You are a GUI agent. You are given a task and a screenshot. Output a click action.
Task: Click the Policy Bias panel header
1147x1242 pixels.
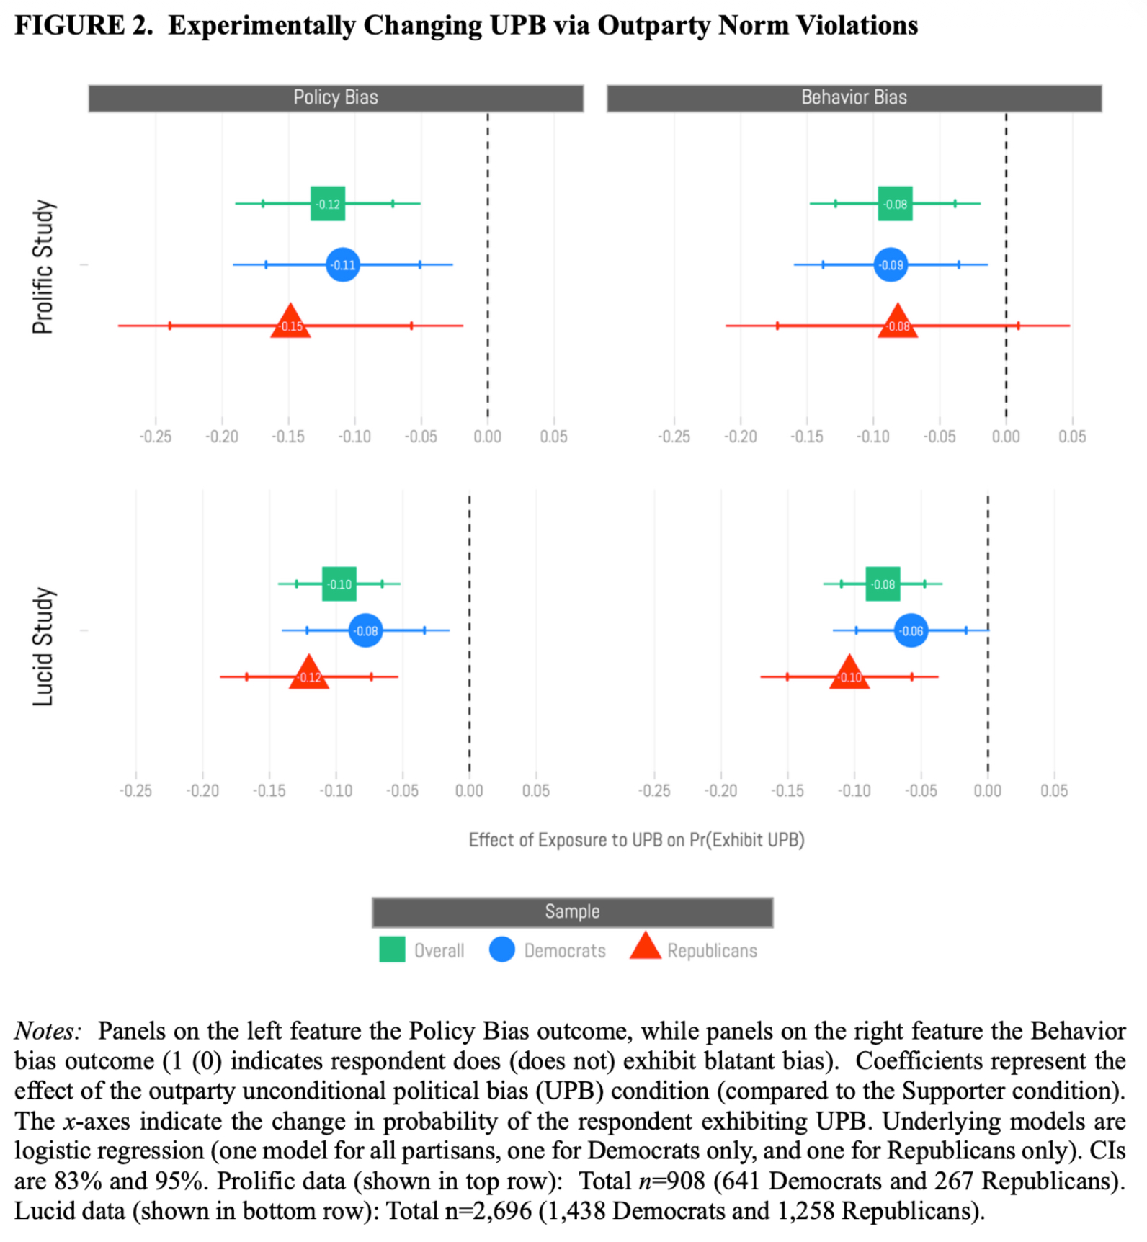coord(336,98)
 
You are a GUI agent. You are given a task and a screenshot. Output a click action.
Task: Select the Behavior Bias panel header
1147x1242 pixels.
coord(854,98)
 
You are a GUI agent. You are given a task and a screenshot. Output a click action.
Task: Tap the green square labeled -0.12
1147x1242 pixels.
coord(328,204)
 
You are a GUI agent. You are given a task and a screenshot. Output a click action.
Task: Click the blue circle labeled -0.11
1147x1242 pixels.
coord(343,265)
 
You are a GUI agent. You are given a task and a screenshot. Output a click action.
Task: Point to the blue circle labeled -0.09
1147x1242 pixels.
coord(891,265)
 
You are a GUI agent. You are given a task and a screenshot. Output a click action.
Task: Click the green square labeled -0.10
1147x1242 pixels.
coord(339,584)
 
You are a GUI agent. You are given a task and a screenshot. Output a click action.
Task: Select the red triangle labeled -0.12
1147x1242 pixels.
coord(309,674)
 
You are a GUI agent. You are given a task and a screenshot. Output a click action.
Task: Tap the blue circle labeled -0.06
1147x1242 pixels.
coord(911,631)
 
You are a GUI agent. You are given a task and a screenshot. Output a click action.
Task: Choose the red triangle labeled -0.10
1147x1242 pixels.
coord(849,674)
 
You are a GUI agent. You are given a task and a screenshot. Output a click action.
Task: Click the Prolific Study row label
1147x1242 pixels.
coord(43,267)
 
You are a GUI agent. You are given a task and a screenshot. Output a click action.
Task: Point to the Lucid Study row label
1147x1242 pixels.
coord(43,646)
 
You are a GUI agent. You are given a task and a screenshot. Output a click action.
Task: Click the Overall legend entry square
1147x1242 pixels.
coord(392,950)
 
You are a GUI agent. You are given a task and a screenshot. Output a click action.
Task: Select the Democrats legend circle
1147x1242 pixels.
coord(502,950)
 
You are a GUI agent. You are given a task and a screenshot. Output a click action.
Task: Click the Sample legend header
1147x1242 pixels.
coord(572,912)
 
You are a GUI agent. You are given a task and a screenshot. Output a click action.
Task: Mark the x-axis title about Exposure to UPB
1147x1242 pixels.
coord(636,840)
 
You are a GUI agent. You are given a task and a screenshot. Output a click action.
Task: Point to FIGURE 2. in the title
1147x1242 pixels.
coord(84,26)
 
